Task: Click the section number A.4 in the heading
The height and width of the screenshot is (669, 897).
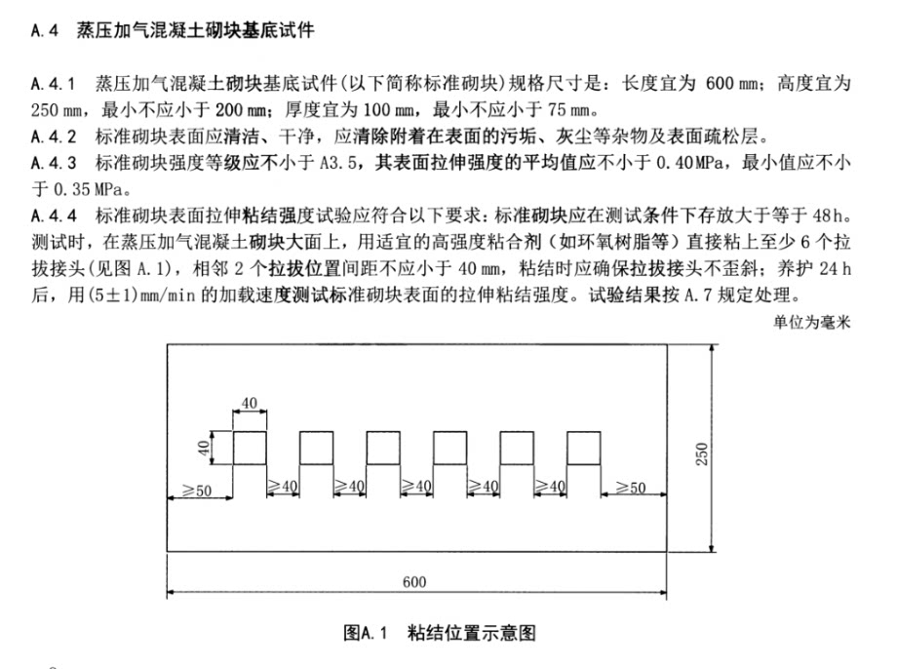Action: [45, 30]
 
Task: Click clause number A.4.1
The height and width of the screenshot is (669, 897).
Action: [54, 84]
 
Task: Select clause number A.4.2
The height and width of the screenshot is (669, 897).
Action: [54, 137]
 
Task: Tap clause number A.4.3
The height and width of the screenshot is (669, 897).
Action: [54, 163]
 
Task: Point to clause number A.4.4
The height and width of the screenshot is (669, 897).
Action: [54, 216]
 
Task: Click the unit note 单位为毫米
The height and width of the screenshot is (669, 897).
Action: [812, 322]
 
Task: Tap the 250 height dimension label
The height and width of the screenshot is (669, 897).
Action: [701, 453]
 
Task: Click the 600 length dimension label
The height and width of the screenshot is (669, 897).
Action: [414, 582]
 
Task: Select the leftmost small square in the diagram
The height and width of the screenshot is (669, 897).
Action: [250, 448]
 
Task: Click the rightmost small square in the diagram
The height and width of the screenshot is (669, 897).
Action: [583, 448]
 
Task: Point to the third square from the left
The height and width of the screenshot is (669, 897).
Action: [383, 448]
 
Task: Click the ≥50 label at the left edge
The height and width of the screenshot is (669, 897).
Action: [197, 491]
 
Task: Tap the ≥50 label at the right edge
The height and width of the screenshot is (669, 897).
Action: [631, 488]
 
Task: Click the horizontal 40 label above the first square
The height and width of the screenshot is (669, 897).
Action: [249, 403]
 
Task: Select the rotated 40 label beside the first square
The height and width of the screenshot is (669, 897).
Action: [203, 448]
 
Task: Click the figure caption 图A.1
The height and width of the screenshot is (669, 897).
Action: [365, 633]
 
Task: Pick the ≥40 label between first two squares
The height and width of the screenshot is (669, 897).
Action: [283, 487]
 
